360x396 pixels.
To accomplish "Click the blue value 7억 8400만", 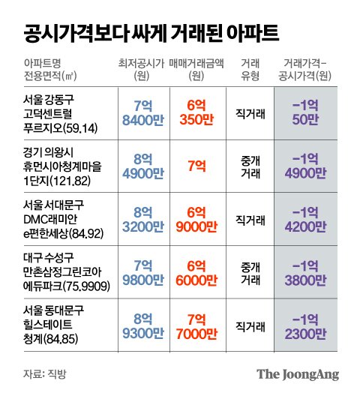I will click(141, 112).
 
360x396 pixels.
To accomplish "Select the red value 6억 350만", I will click(197, 112).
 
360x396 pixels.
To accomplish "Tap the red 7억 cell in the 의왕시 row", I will click(197, 165).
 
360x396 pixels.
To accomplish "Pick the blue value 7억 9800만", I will click(141, 271).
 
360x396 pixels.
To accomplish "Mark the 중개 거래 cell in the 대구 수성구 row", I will click(248, 271).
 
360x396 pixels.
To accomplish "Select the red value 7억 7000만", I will click(197, 324).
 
